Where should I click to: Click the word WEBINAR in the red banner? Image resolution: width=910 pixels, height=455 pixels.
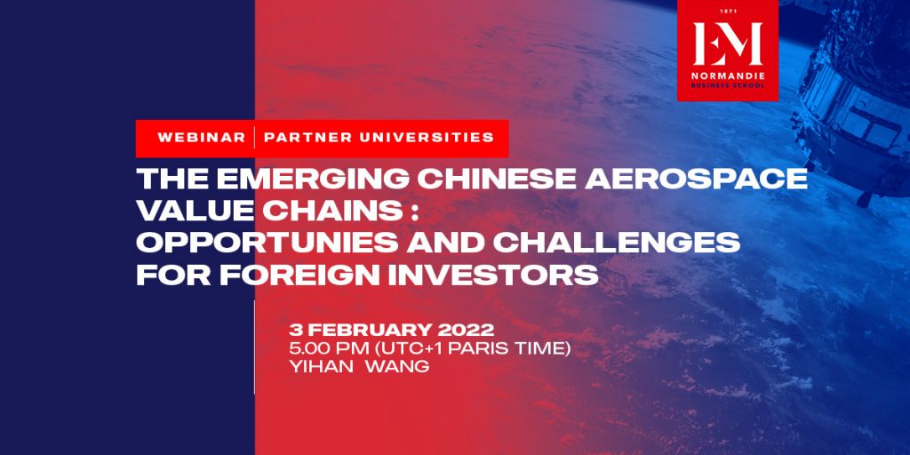point(202,138)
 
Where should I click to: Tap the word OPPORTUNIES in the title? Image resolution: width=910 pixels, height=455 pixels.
point(267,243)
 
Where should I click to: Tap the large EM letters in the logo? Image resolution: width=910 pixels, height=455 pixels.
point(728,44)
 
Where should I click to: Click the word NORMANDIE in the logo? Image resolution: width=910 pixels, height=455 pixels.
point(728,76)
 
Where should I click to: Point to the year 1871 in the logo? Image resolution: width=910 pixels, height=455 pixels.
point(728,11)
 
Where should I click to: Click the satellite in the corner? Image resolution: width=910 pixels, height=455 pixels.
point(853,99)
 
